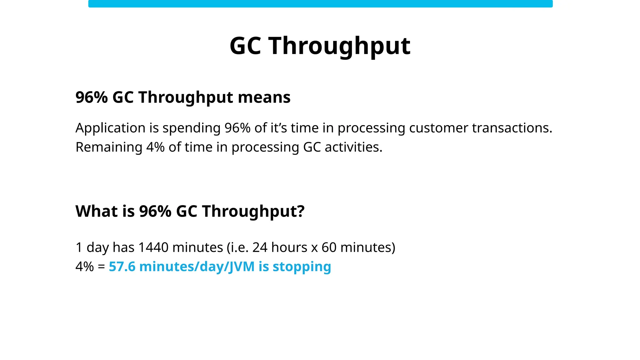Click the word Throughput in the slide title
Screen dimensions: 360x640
pos(339,46)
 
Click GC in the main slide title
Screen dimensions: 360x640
pos(245,46)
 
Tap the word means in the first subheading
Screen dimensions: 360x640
pos(264,97)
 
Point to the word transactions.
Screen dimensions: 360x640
pos(512,128)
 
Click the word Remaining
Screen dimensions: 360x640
pos(109,147)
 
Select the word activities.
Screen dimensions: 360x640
pos(353,147)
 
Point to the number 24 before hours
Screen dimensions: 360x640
pos(260,247)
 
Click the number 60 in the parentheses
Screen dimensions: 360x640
pos(329,247)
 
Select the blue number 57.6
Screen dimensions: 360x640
pos(122,267)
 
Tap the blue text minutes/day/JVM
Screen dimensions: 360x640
pos(197,267)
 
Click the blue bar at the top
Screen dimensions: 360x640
pos(320,4)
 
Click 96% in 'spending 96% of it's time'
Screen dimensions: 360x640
pos(237,128)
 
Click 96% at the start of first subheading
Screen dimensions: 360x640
pos(92,97)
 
